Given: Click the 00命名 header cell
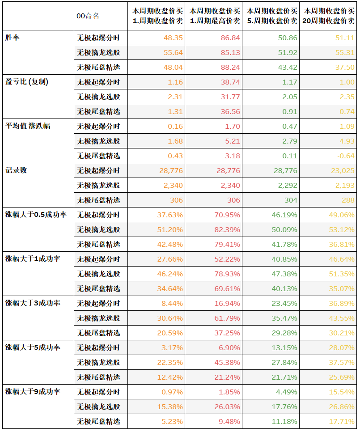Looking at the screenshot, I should click(88, 16).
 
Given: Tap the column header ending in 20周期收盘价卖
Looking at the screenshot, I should click(329, 16).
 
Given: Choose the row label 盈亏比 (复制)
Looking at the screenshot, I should click(27, 82).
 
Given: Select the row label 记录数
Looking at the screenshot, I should click(16, 170).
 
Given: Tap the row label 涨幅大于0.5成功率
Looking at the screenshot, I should click(36, 215).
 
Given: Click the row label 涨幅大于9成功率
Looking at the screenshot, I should click(33, 392).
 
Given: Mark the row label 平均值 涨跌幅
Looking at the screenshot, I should click(28, 126).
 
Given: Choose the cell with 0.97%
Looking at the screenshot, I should click(172, 392).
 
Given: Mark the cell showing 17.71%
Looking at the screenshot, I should click(341, 421).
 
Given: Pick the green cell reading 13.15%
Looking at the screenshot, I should click(284, 348).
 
